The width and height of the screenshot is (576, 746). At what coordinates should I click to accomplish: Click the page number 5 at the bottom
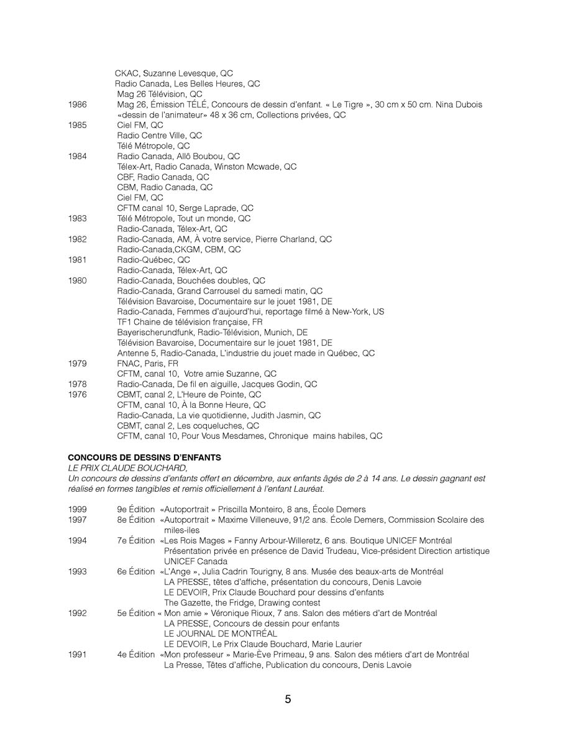(x=288, y=699)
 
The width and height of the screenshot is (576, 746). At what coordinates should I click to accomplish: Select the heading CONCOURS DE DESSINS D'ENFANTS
(x=144, y=458)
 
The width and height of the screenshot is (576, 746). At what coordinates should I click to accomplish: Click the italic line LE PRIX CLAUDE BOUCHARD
(x=127, y=467)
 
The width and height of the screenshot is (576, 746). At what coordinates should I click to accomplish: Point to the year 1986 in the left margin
(x=78, y=104)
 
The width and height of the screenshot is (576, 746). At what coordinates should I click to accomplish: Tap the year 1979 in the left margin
(x=78, y=364)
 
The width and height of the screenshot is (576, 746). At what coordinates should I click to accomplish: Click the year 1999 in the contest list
(x=78, y=510)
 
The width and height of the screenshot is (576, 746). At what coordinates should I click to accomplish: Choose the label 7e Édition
(x=136, y=541)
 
